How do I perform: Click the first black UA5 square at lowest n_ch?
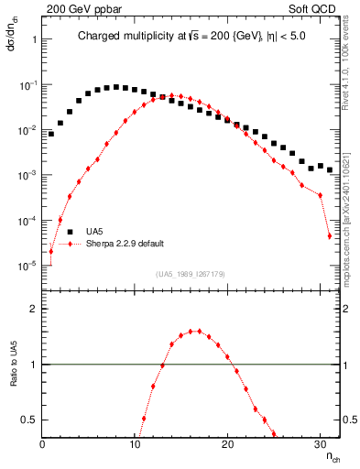51,134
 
